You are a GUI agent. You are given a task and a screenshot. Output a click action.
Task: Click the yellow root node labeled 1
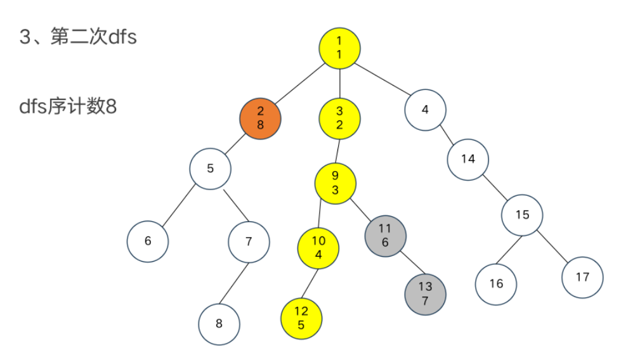click(x=339, y=48)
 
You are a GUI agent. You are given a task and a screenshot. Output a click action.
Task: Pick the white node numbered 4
click(x=425, y=110)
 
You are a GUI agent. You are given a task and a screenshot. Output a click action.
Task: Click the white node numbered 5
click(x=211, y=169)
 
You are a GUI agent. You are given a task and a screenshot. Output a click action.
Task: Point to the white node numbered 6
click(x=148, y=241)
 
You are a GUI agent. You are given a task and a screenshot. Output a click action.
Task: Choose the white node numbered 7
click(x=249, y=241)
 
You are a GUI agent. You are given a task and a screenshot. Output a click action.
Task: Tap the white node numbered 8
click(x=219, y=324)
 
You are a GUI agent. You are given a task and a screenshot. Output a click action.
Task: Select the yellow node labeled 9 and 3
click(x=336, y=183)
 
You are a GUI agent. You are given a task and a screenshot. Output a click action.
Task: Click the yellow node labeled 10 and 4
click(x=318, y=248)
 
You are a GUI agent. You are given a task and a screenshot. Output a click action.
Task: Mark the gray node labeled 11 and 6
click(x=385, y=235)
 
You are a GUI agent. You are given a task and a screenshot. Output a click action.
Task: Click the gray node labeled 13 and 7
click(x=425, y=294)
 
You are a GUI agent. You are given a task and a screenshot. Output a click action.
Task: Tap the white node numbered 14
click(x=468, y=159)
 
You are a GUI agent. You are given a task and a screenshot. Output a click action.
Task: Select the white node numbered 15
click(x=522, y=215)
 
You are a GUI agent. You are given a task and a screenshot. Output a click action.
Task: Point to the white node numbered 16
click(x=496, y=283)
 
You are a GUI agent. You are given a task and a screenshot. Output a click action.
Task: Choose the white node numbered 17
click(x=582, y=277)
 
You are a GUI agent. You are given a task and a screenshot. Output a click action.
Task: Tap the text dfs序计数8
click(x=68, y=106)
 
